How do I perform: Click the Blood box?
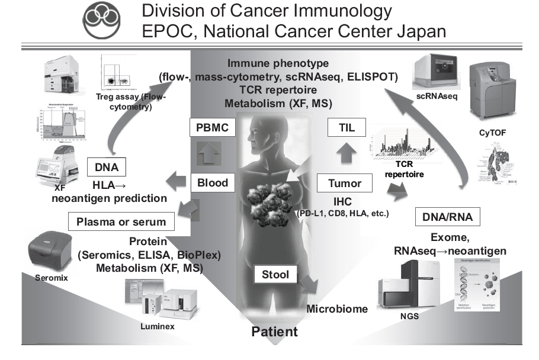click(212, 183)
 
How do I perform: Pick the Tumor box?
click(344, 184)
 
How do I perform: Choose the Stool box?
click(275, 275)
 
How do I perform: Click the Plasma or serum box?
click(125, 222)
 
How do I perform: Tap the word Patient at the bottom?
click(275, 331)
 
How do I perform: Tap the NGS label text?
click(409, 316)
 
